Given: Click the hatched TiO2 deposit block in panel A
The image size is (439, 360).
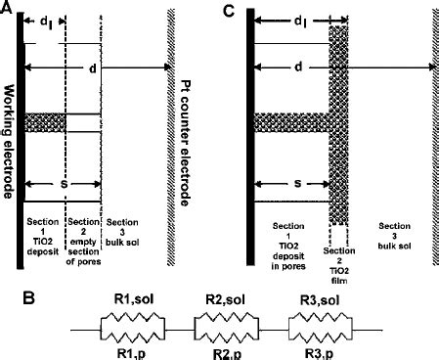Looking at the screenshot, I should click(45, 123).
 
